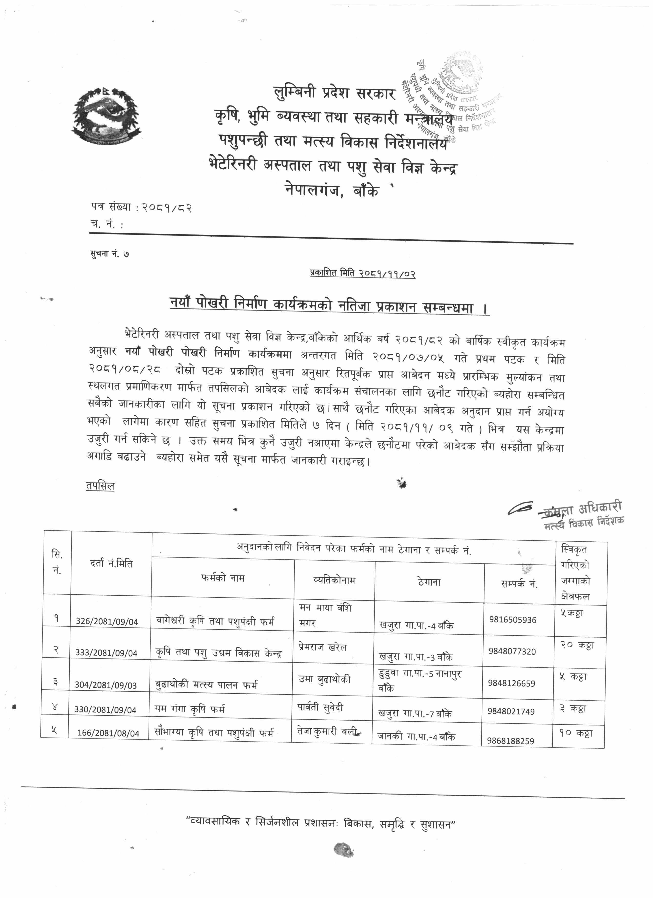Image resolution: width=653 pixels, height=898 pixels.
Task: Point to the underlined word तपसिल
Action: [100, 486]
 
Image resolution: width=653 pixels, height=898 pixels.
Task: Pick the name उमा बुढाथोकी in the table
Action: [324, 679]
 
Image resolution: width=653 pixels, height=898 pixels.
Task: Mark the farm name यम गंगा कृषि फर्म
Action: [190, 709]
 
